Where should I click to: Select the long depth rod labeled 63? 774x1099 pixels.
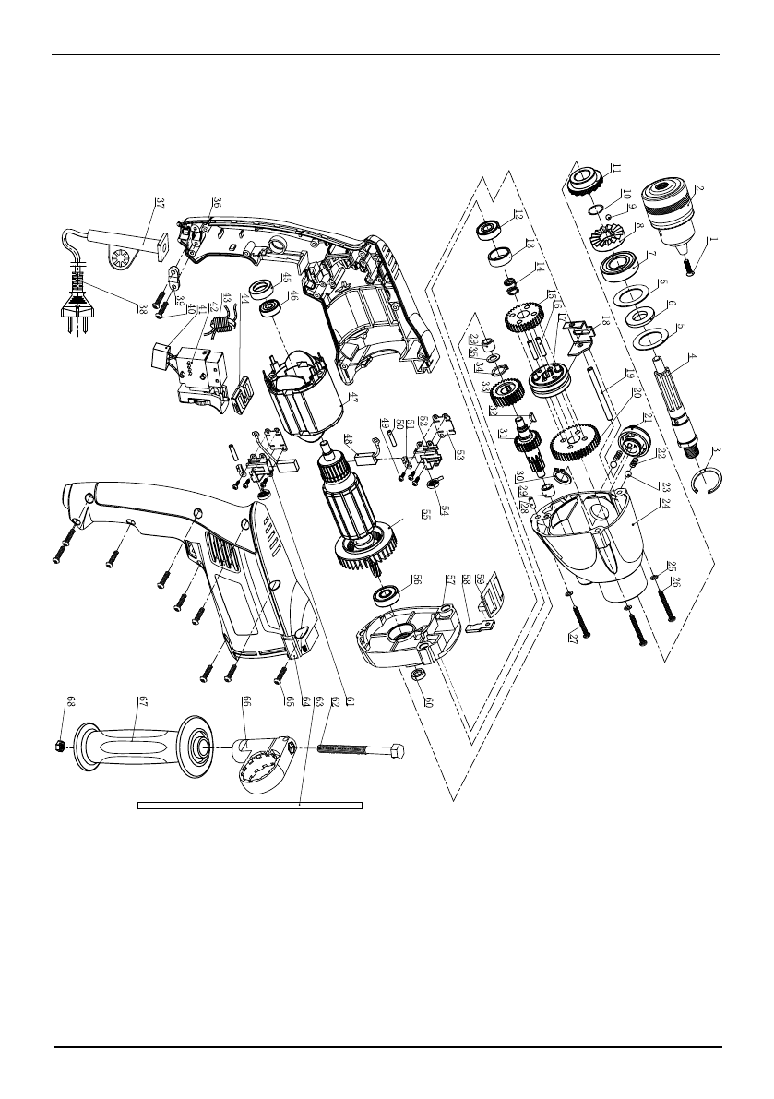(x=249, y=805)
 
